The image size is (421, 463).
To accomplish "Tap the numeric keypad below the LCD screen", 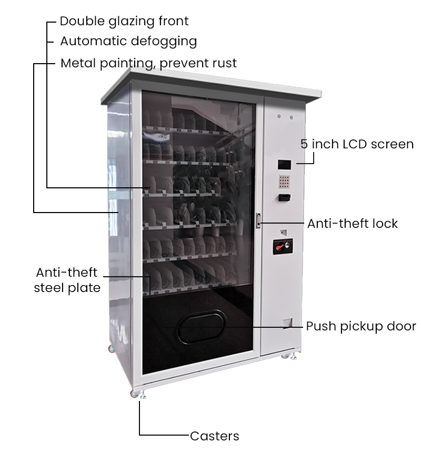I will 285,182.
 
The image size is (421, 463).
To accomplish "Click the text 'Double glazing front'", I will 124,22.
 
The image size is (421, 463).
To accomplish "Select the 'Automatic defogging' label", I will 128,41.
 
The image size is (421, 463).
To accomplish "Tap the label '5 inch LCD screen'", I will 357,144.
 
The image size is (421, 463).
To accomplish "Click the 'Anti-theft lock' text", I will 352,224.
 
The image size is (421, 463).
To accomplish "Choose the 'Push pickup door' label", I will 361,326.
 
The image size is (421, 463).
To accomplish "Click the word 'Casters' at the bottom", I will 214,436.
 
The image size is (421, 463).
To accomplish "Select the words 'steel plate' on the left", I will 67,288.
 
